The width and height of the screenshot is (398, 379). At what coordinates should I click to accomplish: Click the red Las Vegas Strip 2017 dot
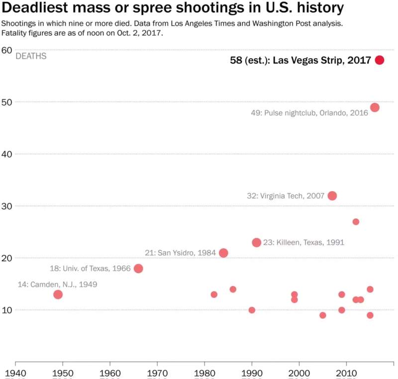pos(380,60)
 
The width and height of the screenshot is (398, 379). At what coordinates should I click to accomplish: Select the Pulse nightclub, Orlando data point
pos(375,107)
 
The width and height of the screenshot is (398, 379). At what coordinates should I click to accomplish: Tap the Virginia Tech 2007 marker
pos(332,196)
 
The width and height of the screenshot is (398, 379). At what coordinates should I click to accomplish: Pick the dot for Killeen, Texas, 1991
pos(256,243)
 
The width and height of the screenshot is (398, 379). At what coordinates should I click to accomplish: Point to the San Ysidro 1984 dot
pos(223,253)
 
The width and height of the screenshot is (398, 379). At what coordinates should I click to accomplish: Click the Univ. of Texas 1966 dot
pos(138,269)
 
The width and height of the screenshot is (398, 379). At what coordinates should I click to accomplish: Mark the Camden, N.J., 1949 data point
pos(58,294)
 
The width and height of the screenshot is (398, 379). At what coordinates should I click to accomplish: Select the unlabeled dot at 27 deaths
pos(356,222)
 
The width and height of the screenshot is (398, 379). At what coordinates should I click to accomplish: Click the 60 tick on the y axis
pos(6,50)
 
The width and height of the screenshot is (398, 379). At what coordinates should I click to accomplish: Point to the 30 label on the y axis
pos(6,206)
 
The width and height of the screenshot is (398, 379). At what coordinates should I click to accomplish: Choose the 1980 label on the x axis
pos(204,373)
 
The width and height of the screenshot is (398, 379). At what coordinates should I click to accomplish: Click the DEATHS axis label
pos(31,56)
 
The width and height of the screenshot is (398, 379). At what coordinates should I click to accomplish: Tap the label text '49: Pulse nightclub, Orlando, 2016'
pos(309,113)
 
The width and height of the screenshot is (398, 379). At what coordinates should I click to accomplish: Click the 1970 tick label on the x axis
pos(157,373)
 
